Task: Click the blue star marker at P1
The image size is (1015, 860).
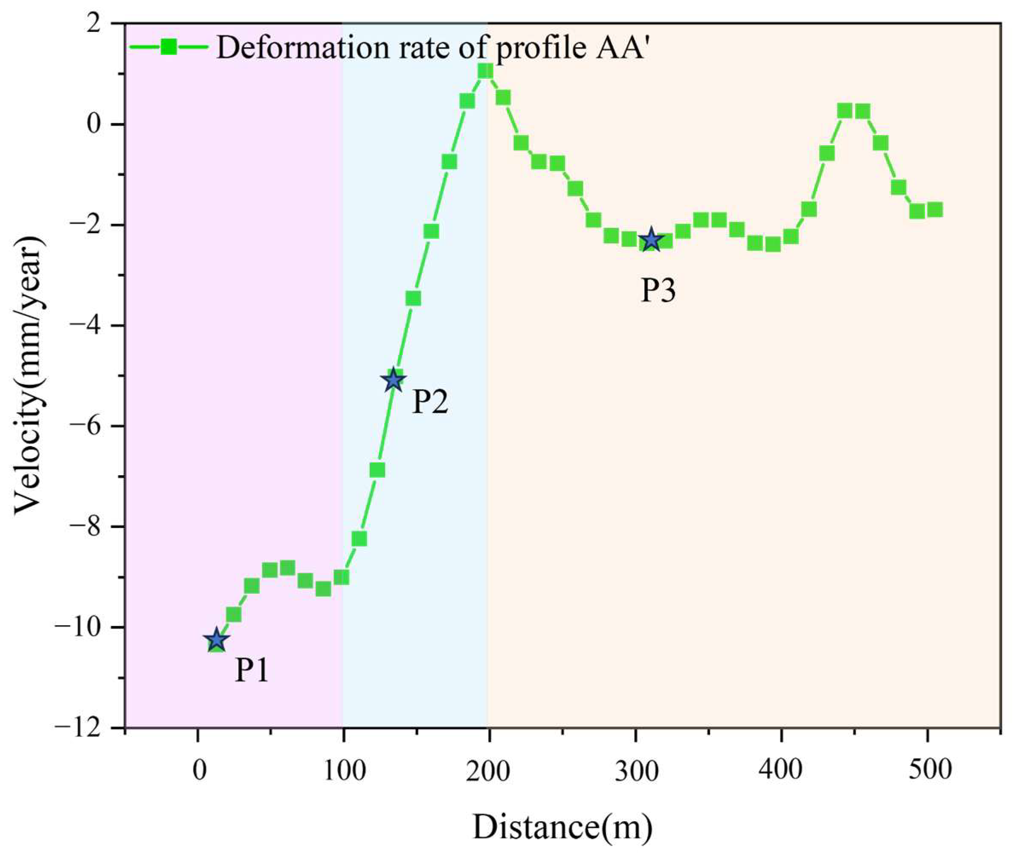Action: tap(216, 640)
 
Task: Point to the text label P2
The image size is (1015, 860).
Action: tap(430, 403)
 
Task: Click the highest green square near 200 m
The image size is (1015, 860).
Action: tap(485, 72)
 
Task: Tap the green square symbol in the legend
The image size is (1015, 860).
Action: tap(169, 47)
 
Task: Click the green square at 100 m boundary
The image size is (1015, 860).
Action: tap(342, 578)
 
